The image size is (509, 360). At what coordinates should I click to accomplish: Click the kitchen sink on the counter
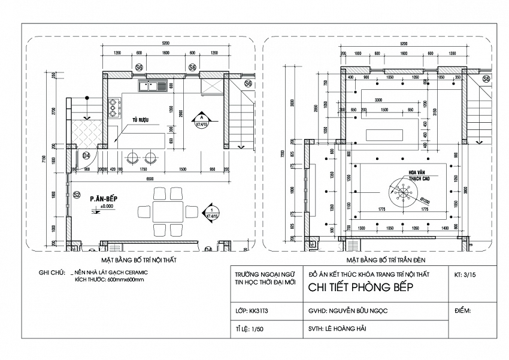click(152, 87)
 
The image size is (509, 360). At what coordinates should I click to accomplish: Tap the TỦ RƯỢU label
click(141, 120)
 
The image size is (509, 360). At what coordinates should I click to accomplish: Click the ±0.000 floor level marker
click(106, 207)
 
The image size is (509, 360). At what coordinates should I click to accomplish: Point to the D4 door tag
click(86, 156)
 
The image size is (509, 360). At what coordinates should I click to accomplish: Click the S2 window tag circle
click(77, 195)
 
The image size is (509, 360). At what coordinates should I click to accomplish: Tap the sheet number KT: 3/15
click(468, 276)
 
